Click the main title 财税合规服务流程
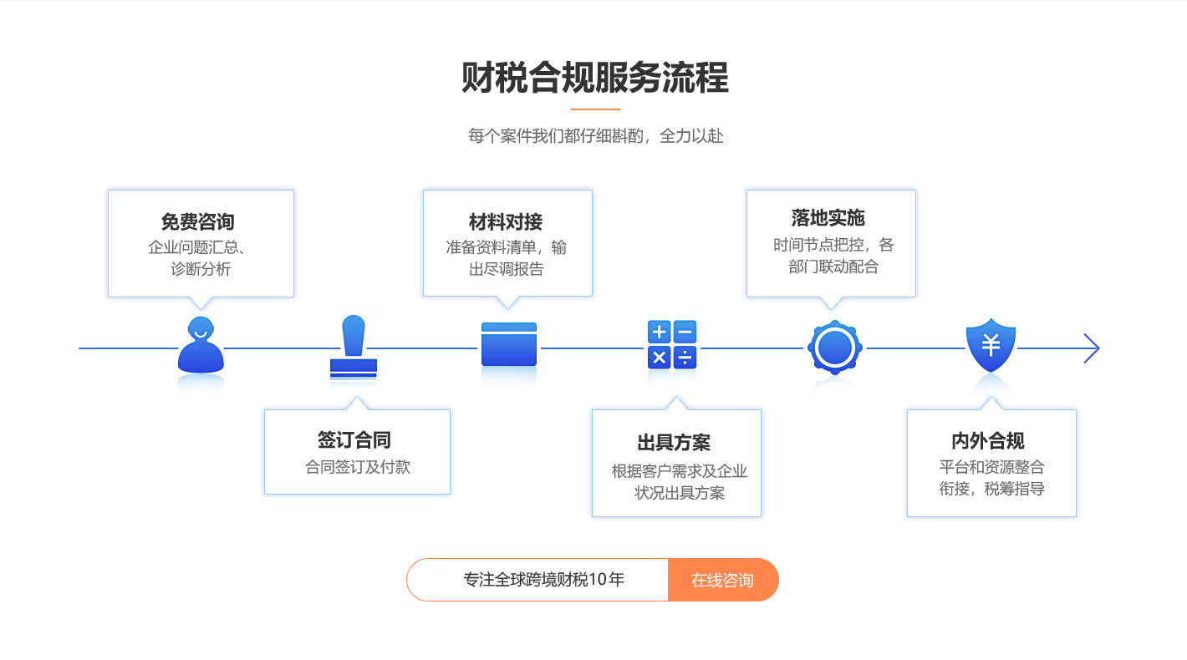(x=594, y=78)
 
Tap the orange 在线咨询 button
(x=722, y=580)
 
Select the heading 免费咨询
(x=198, y=222)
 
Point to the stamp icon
(x=354, y=347)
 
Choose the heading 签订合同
(x=354, y=439)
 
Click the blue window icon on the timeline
(x=508, y=344)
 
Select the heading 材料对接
(x=506, y=222)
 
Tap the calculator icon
(x=672, y=344)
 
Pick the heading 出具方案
(x=674, y=443)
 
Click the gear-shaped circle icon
(x=834, y=347)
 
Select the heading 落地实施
(x=828, y=218)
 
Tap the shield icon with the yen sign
(x=991, y=344)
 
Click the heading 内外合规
(x=988, y=440)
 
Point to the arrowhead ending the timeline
(x=1092, y=348)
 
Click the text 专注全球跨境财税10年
(x=544, y=580)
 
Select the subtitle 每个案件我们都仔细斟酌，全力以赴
(x=596, y=135)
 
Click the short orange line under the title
(x=595, y=109)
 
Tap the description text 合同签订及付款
(x=358, y=467)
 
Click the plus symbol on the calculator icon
(x=660, y=333)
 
